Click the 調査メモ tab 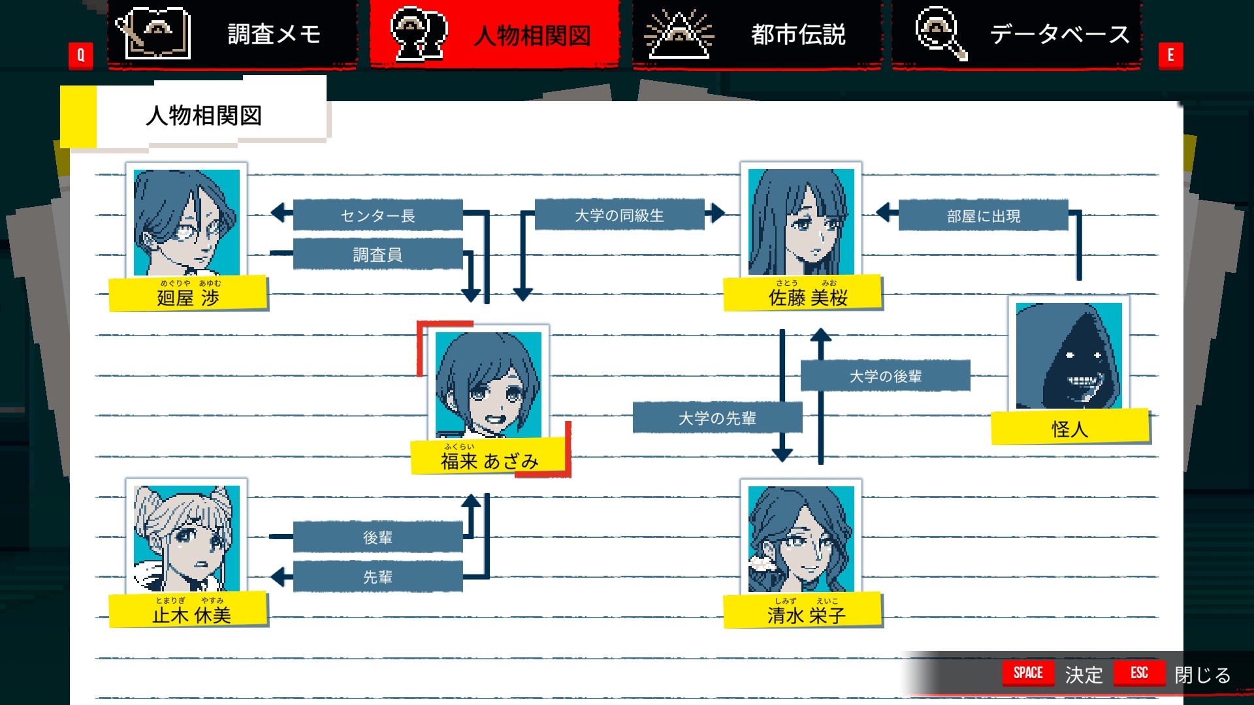[233, 34]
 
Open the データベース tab [1017, 34]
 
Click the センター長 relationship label [378, 215]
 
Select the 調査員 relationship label [378, 255]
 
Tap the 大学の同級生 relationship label [619, 215]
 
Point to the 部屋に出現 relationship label [983, 215]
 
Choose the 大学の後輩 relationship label [885, 376]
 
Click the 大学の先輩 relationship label [717, 418]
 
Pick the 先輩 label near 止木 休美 [378, 577]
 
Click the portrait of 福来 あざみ [489, 385]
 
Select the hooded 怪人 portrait [1069, 356]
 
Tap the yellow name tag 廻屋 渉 [188, 294]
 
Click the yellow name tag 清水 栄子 [803, 610]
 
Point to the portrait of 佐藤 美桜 [801, 222]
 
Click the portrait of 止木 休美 [187, 539]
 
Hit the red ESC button [1139, 673]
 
